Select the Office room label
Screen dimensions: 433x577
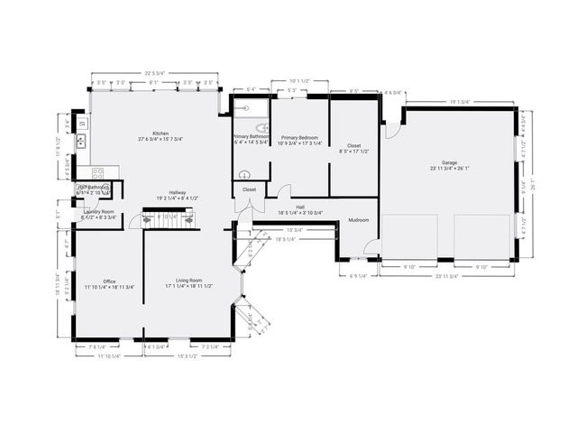pos(109,282)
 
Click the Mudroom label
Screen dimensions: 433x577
pos(360,219)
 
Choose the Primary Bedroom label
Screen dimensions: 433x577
pos(298,140)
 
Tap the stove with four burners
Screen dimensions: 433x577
pos(98,173)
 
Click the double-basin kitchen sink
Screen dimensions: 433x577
pos(79,141)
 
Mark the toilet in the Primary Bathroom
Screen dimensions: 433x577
pos(242,175)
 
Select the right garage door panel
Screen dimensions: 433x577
pos(482,238)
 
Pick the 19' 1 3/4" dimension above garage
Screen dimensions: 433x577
pos(460,101)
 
